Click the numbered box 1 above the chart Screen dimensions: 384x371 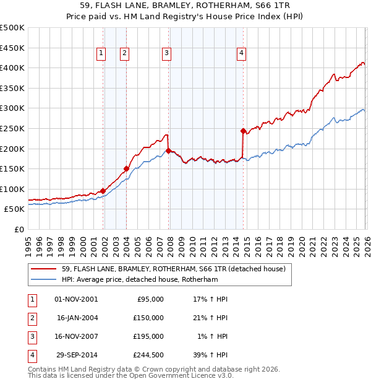(x=101, y=54)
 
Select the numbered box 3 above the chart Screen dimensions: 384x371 (x=166, y=54)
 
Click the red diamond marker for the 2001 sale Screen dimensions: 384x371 (x=103, y=191)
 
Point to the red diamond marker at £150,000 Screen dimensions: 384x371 (x=126, y=168)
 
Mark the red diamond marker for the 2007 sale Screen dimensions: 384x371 (x=169, y=151)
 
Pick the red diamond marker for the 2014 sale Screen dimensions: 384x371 (x=243, y=131)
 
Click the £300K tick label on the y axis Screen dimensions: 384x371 (x=12, y=108)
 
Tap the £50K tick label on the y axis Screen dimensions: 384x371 (x=14, y=209)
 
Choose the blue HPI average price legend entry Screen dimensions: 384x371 (x=148, y=279)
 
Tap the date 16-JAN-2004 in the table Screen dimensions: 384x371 (x=77, y=318)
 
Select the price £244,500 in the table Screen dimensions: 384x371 (x=148, y=355)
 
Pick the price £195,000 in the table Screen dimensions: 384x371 (x=148, y=336)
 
